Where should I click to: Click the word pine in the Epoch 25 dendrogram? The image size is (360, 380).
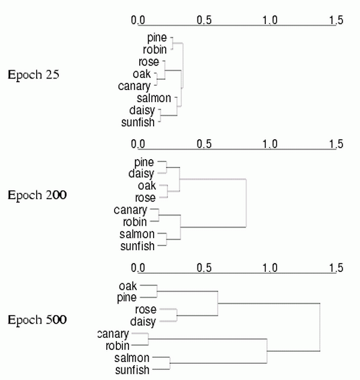pyautogui.click(x=157, y=38)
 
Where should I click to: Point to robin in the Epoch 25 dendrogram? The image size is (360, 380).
pyautogui.click(x=155, y=50)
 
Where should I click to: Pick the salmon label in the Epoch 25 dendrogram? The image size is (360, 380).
pyautogui.click(x=154, y=98)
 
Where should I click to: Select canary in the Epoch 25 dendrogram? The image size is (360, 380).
pyautogui.click(x=136, y=86)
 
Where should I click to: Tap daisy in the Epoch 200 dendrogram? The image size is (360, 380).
pyautogui.click(x=142, y=173)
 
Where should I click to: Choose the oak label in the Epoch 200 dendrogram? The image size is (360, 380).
pyautogui.click(x=147, y=185)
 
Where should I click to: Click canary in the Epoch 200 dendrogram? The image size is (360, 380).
pyautogui.click(x=130, y=210)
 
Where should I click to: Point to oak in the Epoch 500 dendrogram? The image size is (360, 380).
pyautogui.click(x=128, y=286)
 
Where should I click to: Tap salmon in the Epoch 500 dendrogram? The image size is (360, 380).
pyautogui.click(x=131, y=358)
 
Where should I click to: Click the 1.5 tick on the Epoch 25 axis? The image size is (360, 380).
pyautogui.click(x=336, y=20)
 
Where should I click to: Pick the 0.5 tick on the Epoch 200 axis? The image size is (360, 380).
pyautogui.click(x=204, y=144)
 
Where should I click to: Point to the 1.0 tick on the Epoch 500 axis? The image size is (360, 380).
pyautogui.click(x=270, y=268)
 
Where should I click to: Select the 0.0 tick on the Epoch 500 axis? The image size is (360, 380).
pyautogui.click(x=139, y=268)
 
